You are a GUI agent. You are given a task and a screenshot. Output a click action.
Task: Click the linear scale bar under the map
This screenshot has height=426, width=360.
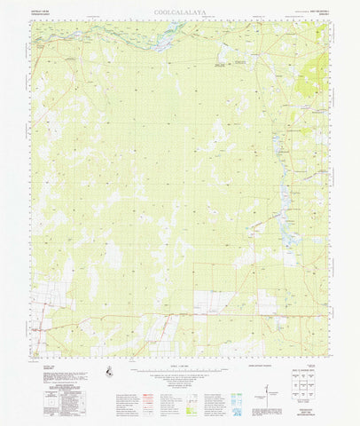180,363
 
